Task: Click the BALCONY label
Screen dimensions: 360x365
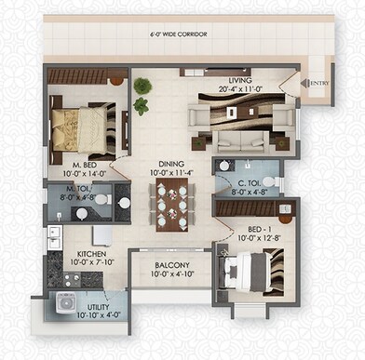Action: (171, 265)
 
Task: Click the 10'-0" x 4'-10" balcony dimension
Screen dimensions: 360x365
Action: (171, 274)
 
